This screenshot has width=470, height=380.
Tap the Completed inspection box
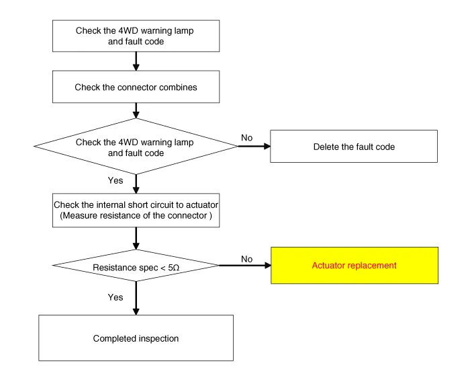coord(136,338)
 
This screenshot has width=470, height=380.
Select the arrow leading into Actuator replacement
coord(245,265)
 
